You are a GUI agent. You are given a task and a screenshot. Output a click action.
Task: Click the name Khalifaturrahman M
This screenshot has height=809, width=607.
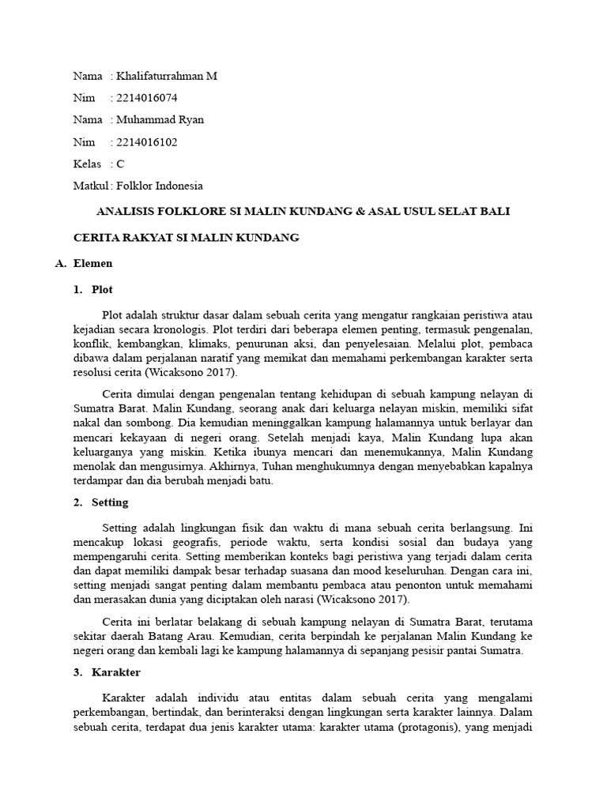tap(167, 77)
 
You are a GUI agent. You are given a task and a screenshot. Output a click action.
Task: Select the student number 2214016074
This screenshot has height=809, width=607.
tap(147, 98)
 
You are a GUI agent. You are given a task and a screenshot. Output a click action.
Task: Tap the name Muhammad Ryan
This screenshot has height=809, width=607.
tap(160, 120)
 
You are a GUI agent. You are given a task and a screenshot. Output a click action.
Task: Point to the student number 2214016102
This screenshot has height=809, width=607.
tap(147, 142)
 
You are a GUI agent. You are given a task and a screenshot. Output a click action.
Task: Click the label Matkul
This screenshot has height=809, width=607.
tap(90, 186)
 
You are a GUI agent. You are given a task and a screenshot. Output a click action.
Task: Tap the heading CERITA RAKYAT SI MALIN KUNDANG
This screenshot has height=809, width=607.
tap(186, 238)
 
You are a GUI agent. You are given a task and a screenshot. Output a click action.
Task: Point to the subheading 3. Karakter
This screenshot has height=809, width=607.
tap(107, 672)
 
